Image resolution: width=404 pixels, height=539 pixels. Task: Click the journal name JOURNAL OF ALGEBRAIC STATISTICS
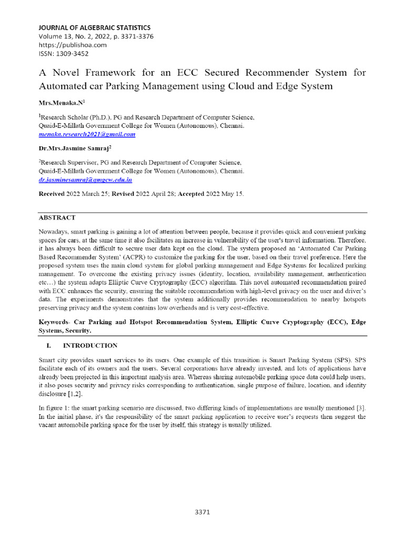tap(94, 27)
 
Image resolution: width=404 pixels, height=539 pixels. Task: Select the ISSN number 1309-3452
tap(64, 53)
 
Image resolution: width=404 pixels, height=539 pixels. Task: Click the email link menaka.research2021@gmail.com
tap(87, 134)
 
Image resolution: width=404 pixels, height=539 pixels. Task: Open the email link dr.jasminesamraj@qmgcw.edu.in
tap(86, 179)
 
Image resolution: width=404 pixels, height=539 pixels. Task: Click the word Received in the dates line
tap(52, 194)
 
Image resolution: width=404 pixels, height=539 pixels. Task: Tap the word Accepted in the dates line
tap(194, 194)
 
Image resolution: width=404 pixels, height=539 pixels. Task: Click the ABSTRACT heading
tap(57, 217)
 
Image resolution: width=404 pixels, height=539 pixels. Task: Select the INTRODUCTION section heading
tap(90, 346)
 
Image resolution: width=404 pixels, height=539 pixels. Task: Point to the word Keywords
tap(55, 322)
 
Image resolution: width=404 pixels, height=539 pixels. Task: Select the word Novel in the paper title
tap(67, 72)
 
